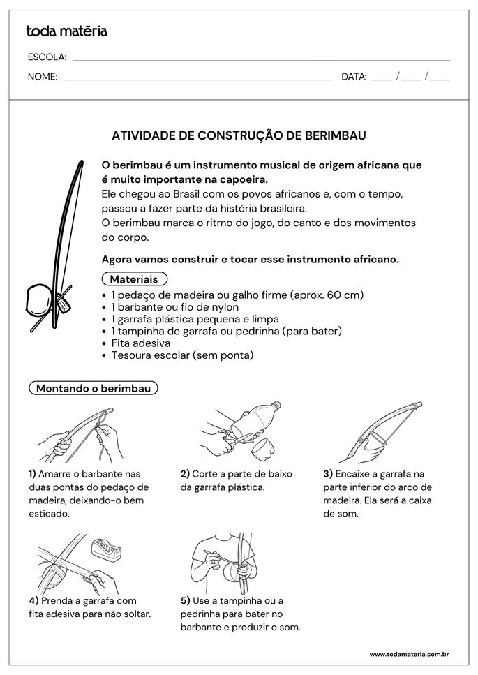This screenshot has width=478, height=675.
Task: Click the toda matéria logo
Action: point(66,31)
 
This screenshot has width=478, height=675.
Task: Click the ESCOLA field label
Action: point(47,57)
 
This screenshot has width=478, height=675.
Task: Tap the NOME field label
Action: point(43,77)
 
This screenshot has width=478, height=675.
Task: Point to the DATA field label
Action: point(354,77)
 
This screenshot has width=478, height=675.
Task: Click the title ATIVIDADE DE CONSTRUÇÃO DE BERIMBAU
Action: point(239,135)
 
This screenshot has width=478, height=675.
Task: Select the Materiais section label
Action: point(134,279)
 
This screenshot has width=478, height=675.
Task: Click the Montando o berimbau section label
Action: point(94,388)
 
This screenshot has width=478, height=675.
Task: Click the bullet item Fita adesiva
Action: point(140,343)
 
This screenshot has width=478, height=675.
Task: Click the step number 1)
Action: point(33,474)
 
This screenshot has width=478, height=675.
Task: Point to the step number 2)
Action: point(185,474)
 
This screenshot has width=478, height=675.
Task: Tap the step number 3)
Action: point(327,474)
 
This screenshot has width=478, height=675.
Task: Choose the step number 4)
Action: point(33,601)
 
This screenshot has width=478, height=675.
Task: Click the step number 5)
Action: point(185,601)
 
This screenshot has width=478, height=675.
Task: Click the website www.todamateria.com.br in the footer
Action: point(408,655)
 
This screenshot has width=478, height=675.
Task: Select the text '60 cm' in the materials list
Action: point(343,295)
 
